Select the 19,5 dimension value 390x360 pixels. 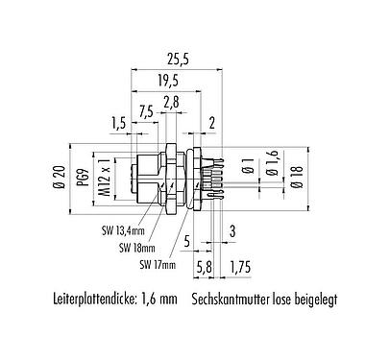tap(169, 82)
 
